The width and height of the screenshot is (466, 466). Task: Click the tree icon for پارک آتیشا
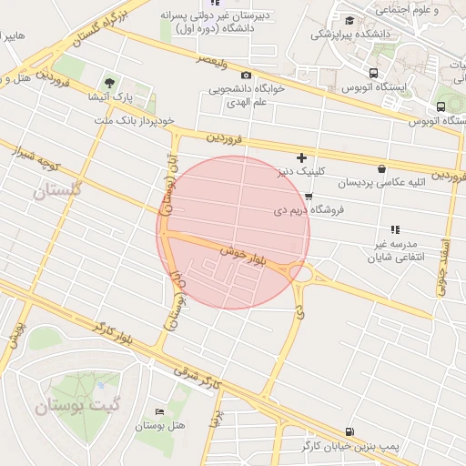pos(111,83)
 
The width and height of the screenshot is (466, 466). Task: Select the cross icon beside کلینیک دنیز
pos(301,158)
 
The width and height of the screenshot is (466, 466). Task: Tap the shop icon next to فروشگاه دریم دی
pos(309,196)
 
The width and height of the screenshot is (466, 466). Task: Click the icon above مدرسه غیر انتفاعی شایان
pos(395,230)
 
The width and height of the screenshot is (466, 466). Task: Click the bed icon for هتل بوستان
pos(160,413)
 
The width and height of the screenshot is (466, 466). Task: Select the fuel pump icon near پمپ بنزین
pos(350,431)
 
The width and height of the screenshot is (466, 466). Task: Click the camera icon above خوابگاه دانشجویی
pos(246,75)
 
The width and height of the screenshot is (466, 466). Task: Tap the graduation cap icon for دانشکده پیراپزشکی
pos(349,20)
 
